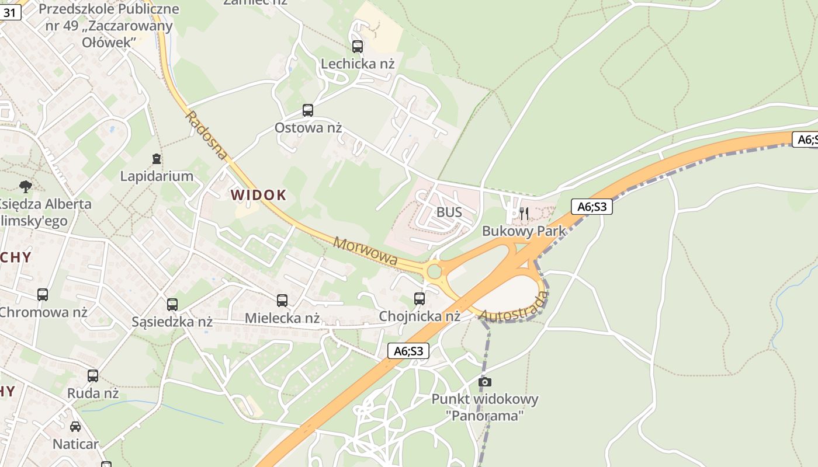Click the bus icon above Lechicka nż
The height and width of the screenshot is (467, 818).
357,47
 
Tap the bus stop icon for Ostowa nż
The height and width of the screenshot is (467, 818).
308,110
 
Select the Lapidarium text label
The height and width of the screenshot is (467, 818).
157,176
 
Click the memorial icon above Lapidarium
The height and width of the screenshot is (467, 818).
157,158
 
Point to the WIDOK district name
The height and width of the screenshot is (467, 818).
259,195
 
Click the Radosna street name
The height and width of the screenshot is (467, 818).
206,135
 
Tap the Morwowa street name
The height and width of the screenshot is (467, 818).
365,251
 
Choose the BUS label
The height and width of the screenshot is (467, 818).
449,212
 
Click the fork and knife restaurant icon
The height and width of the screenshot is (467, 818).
524,214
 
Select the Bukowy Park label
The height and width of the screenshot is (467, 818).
524,231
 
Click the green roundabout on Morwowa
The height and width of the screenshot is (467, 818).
434,271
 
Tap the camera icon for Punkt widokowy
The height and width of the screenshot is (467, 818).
484,382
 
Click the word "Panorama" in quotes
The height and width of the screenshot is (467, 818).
484,416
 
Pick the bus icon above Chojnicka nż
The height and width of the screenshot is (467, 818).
420,299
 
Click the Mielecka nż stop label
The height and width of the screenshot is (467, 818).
282,318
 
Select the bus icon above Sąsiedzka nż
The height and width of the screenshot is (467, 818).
172,304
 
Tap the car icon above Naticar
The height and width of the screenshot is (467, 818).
75,427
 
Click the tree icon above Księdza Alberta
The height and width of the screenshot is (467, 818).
25,187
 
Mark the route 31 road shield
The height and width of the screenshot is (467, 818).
10,12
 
